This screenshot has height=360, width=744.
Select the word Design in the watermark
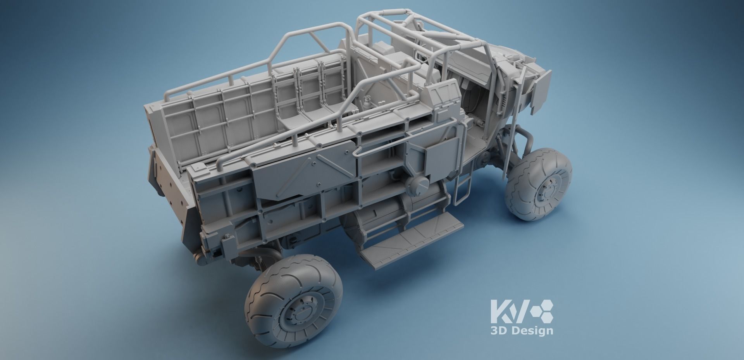click(532, 331)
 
